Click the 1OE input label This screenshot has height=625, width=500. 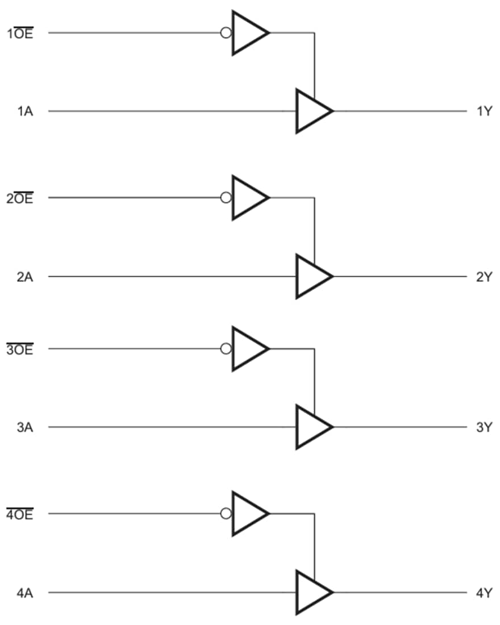pyautogui.click(x=20, y=33)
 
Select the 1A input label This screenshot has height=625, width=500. pyautogui.click(x=24, y=111)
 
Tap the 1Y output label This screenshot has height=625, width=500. pyautogui.click(x=484, y=111)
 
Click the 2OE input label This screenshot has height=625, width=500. pyautogui.click(x=20, y=198)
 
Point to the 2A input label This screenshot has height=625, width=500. pyautogui.click(x=24, y=277)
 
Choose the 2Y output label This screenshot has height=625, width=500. pyautogui.click(x=484, y=277)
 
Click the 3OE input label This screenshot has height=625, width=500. pyautogui.click(x=20, y=349)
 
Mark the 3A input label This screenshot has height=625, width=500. pyautogui.click(x=24, y=427)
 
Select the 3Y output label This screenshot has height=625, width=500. pyautogui.click(x=484, y=427)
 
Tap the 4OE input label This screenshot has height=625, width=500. pyautogui.click(x=20, y=515)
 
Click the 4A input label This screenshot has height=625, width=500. pyautogui.click(x=24, y=593)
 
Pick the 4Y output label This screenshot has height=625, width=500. pyautogui.click(x=484, y=593)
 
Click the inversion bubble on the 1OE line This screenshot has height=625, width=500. pyautogui.click(x=226, y=33)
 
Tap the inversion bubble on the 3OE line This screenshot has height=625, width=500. pyautogui.click(x=226, y=349)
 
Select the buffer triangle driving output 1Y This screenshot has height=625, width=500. pyautogui.click(x=311, y=111)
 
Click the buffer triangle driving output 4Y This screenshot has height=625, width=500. pyautogui.click(x=311, y=593)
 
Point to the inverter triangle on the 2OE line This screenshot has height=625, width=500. pyautogui.click(x=247, y=198)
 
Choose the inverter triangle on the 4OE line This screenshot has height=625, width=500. pyautogui.click(x=247, y=514)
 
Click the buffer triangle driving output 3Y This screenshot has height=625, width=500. pyautogui.click(x=311, y=427)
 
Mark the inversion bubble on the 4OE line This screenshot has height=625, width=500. pyautogui.click(x=226, y=514)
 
